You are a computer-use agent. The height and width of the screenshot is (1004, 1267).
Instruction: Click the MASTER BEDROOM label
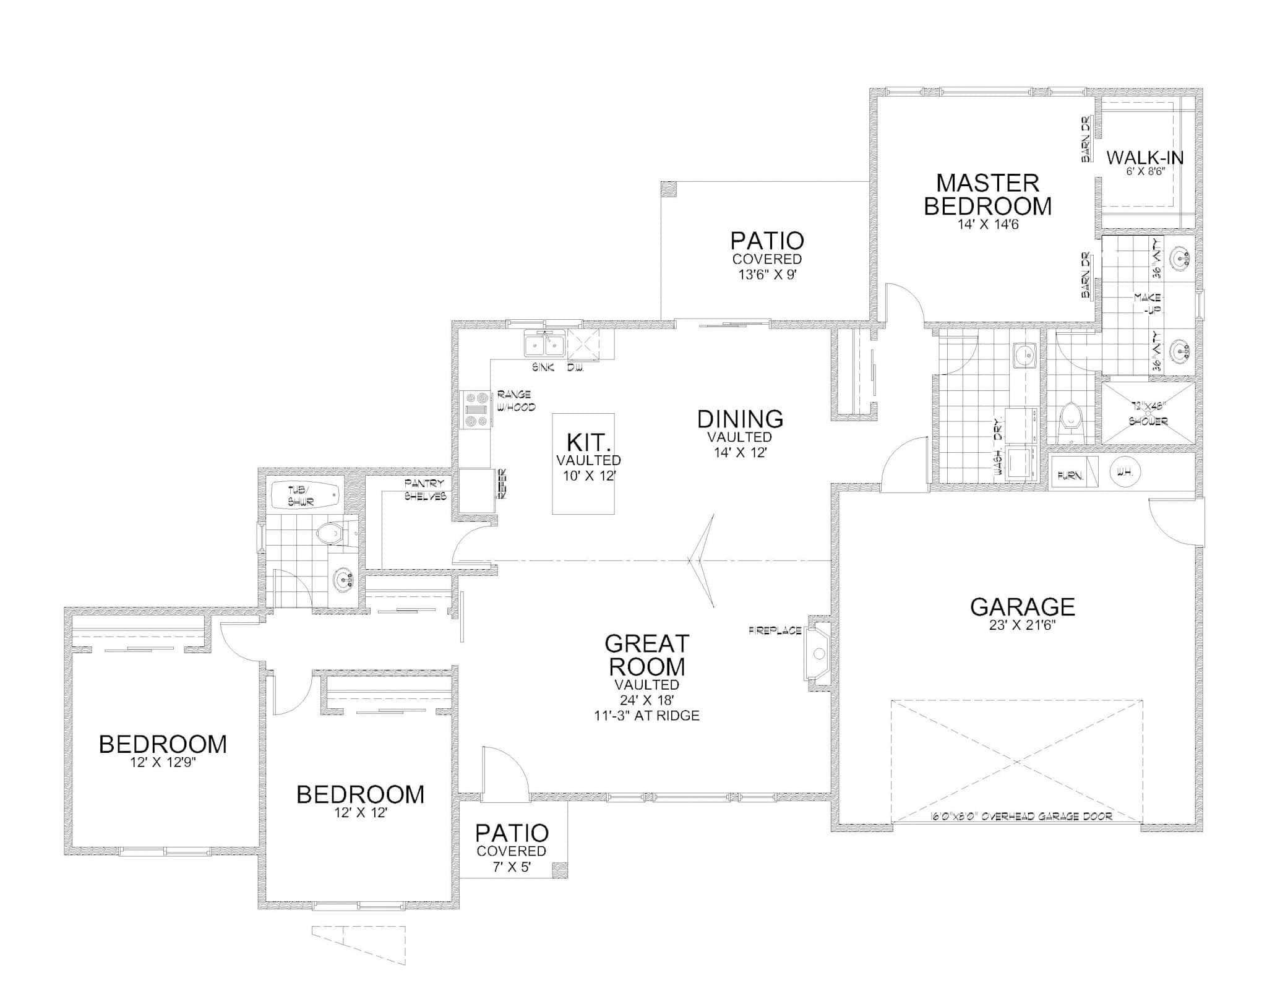coord(987,194)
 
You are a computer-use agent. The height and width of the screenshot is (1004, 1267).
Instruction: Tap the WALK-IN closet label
coord(1145,158)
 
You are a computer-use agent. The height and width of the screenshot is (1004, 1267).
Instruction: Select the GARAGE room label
coord(1022,607)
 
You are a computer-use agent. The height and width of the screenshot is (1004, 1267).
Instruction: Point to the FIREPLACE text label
coord(775,631)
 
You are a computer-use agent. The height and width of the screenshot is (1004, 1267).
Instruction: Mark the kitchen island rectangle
coord(583,463)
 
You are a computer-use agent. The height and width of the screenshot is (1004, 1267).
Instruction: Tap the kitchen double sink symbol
coord(544,344)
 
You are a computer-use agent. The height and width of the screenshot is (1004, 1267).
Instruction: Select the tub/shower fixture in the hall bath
coord(306,496)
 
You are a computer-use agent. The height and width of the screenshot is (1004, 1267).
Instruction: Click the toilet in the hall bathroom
coord(330,533)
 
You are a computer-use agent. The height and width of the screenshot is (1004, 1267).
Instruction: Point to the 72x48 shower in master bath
coord(1148,413)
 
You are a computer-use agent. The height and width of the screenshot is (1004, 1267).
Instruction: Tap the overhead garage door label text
coord(1021,817)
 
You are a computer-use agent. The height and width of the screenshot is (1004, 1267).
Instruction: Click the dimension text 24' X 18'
coord(646,700)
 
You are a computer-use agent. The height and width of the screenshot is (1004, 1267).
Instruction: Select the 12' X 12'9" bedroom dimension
coord(163,763)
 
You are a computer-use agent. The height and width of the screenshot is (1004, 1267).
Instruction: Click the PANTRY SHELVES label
coord(425,489)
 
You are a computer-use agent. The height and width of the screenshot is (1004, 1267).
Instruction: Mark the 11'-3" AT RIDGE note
coord(646,716)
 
